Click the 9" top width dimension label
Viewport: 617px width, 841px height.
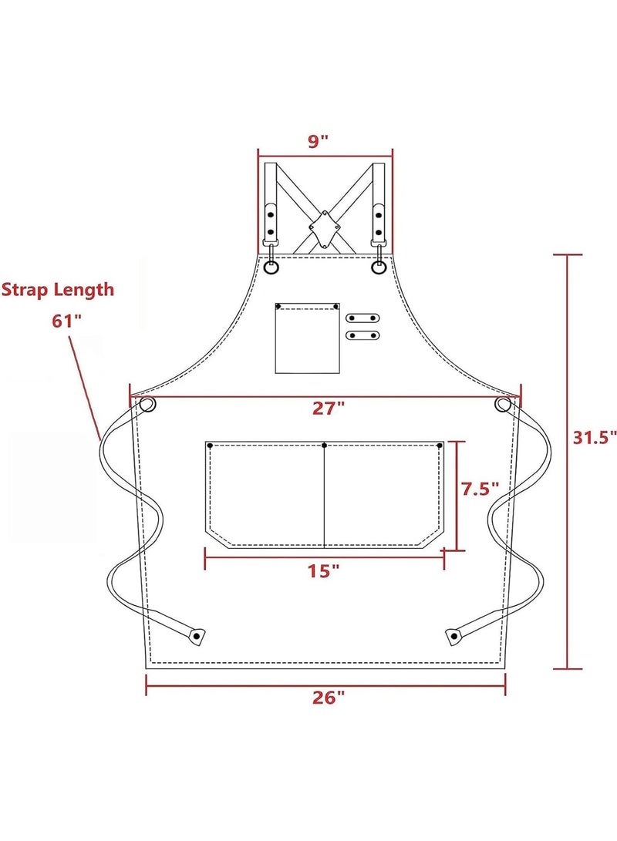319,141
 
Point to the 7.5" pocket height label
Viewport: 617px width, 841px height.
480,489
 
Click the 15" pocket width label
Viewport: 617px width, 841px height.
323,571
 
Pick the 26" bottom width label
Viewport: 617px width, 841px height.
329,698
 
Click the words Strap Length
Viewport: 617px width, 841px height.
58,290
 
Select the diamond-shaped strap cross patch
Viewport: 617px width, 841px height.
324,229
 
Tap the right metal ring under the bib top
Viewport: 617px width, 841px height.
378,267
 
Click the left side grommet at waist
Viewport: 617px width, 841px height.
147,404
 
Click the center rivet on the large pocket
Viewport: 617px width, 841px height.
325,446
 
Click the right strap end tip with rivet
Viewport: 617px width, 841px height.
453,636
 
